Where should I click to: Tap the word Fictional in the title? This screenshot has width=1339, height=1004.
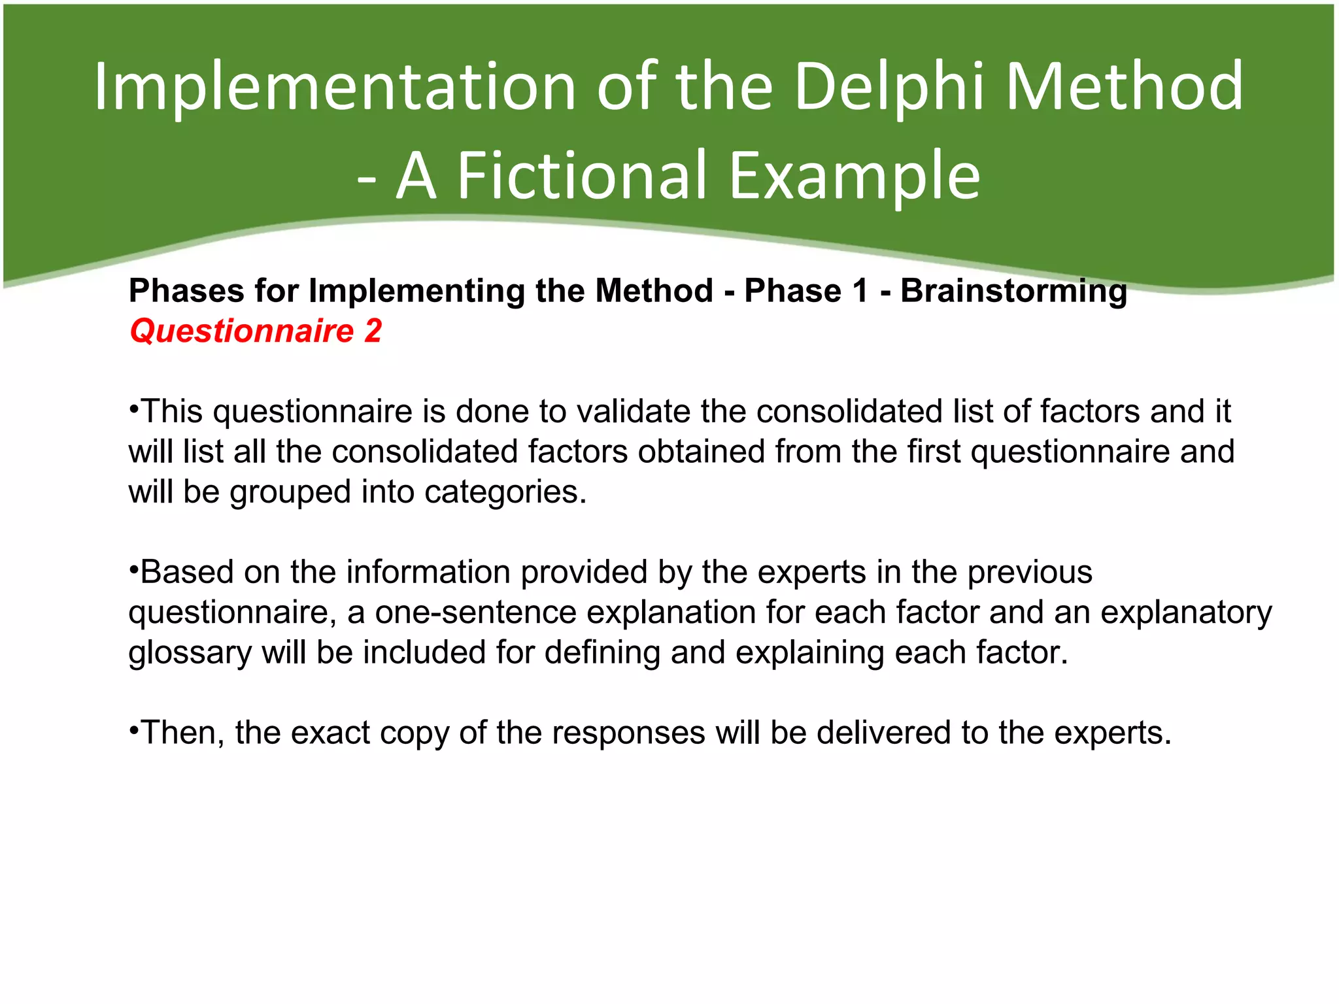[582, 176]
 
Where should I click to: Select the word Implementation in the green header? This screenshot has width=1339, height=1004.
[334, 87]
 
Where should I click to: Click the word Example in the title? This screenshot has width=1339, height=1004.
[854, 176]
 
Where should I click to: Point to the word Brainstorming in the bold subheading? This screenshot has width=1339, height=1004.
[1013, 292]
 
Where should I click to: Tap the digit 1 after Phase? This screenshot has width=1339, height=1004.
[860, 292]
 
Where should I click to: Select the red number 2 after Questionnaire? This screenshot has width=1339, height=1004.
[373, 331]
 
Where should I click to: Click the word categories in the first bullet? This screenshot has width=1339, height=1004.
[505, 492]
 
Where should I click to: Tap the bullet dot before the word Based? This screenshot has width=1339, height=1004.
[133, 571]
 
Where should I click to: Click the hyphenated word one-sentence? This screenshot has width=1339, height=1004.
[475, 613]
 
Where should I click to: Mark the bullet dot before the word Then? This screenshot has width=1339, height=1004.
[133, 731]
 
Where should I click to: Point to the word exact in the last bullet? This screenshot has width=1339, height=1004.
[330, 733]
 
